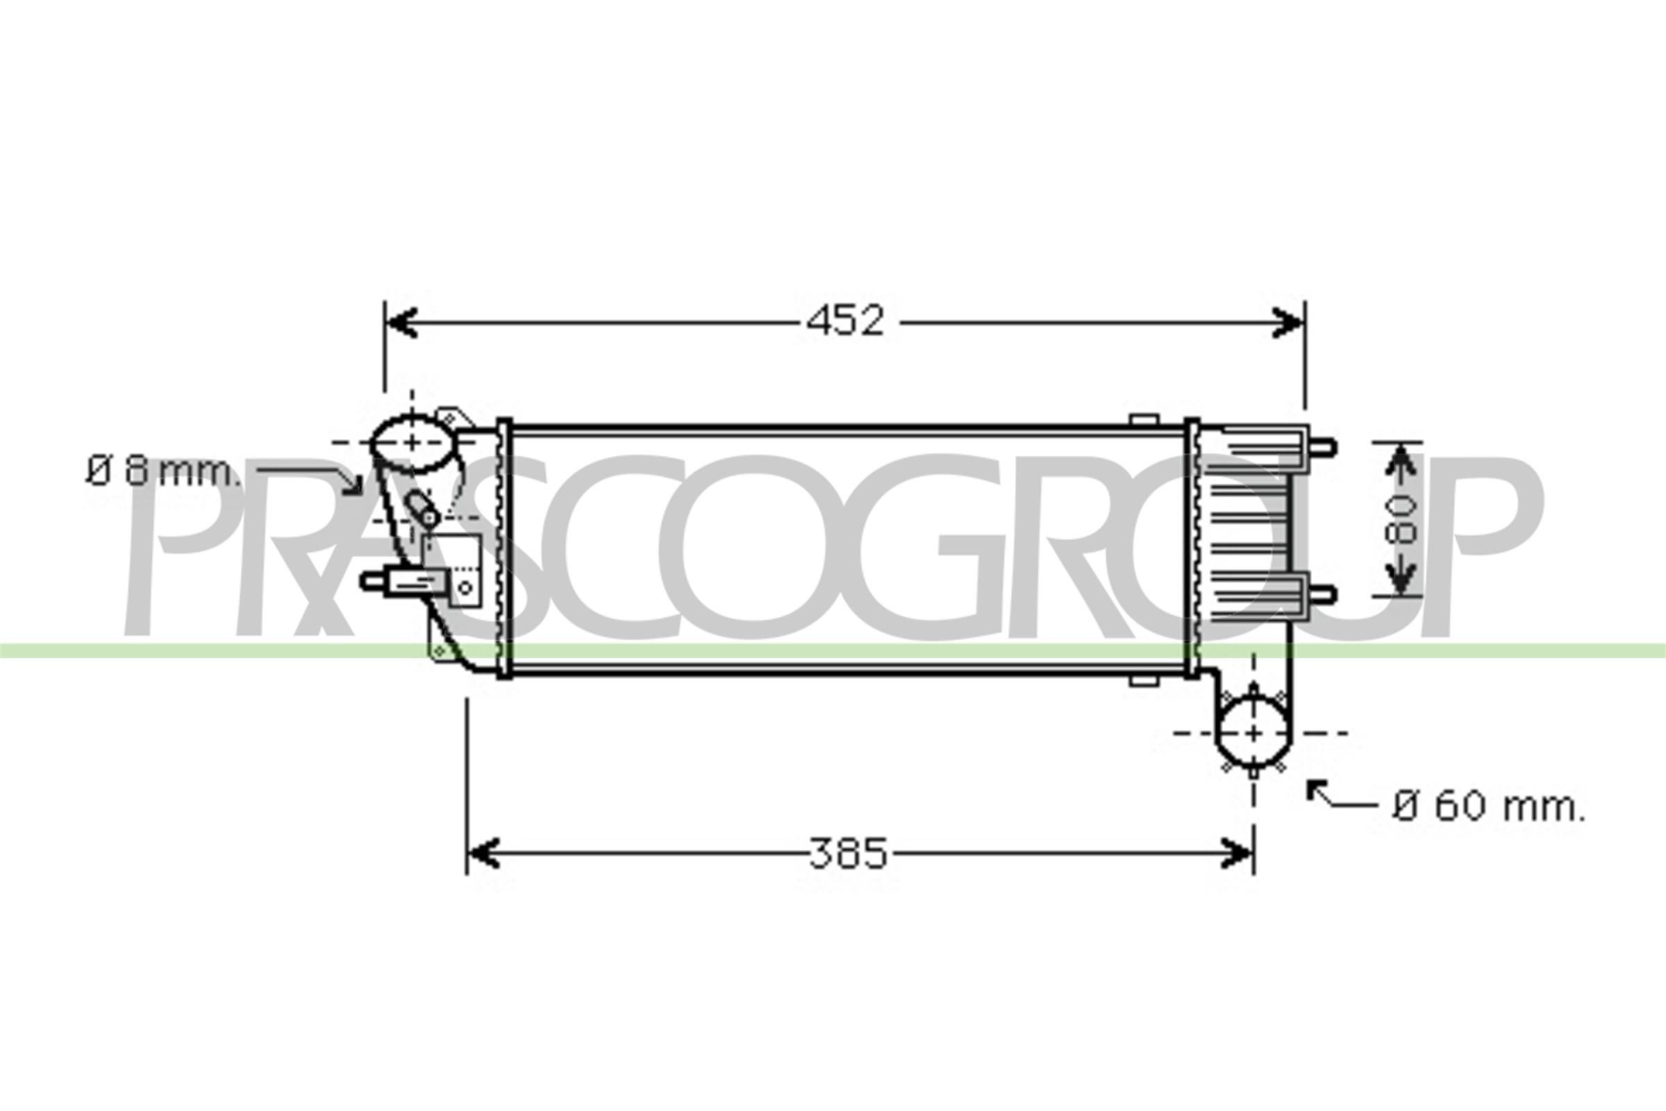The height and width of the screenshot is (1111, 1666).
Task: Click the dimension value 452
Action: (845, 321)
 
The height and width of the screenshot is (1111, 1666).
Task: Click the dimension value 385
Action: (848, 853)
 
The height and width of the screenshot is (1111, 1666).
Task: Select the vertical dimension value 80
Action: (1400, 519)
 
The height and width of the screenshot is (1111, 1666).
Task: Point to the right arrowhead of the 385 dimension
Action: (1237, 853)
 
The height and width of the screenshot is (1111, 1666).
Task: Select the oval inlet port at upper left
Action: (411, 443)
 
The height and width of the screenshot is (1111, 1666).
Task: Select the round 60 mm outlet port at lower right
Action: (1252, 733)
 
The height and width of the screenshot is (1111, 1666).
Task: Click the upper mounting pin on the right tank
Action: (1323, 448)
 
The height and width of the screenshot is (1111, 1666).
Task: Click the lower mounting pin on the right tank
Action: (1323, 595)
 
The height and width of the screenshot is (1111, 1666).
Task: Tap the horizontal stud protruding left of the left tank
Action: (373, 582)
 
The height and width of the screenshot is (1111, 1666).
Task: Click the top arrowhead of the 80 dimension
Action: (1400, 460)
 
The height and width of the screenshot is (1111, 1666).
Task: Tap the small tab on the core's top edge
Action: (1143, 420)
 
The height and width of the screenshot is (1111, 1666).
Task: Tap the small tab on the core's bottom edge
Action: (1143, 681)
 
